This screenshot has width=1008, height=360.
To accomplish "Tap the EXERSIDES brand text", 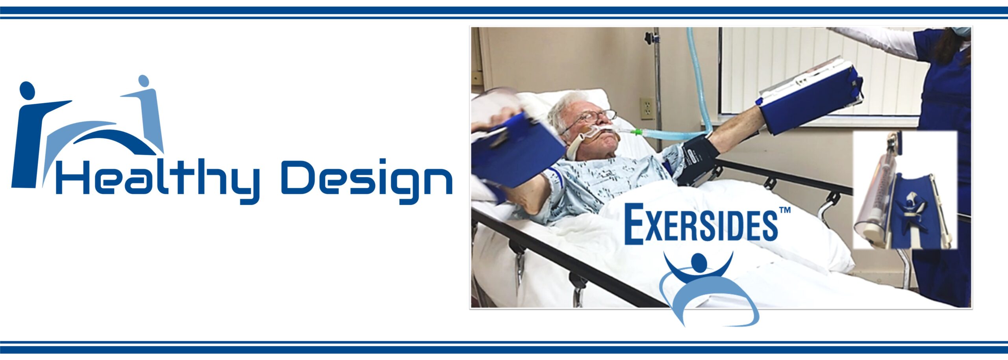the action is [x=701, y=223].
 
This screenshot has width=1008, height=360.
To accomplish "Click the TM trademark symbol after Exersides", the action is [x=785, y=210].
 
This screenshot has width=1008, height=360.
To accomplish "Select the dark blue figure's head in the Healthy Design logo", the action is [x=27, y=91].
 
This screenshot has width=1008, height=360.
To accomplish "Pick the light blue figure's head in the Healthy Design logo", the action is [x=144, y=80].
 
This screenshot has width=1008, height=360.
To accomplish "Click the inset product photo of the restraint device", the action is [x=905, y=190].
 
